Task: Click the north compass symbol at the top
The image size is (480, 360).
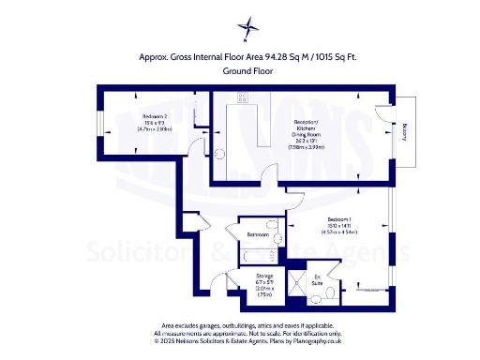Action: (247, 28)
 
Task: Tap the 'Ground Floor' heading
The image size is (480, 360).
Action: (247, 71)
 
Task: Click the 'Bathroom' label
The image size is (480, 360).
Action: (258, 233)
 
